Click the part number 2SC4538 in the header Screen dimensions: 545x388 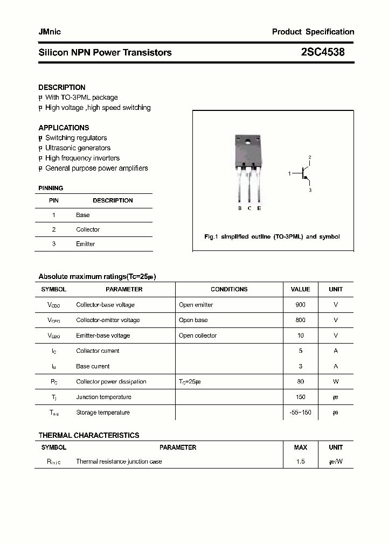coord(323,52)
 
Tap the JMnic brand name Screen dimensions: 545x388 coord(50,32)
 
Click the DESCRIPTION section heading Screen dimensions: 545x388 coord(62,87)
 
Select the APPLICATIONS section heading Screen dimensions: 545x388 coord(64,128)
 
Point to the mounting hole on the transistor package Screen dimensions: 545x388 coord(248,142)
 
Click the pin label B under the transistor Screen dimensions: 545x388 coord(240,208)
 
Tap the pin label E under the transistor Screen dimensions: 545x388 coord(259,208)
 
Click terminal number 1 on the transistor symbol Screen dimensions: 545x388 coord(289,173)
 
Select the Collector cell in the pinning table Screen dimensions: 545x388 coord(88,229)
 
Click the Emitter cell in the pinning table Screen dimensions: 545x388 coord(85,244)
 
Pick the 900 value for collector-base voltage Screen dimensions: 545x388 coord(300,305)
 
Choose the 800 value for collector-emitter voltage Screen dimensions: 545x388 coord(300,320)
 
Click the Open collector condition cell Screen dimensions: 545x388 coord(198,336)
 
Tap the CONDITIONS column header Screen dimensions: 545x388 coord(229,289)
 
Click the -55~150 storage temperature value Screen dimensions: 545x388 coord(300,413)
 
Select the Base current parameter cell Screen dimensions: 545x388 coord(93,366)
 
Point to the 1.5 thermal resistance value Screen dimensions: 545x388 coord(300,462)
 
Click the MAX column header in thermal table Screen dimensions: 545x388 coord(300,448)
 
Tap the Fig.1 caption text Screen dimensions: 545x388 coord(272,237)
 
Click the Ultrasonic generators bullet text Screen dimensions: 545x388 coord(78,148)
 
